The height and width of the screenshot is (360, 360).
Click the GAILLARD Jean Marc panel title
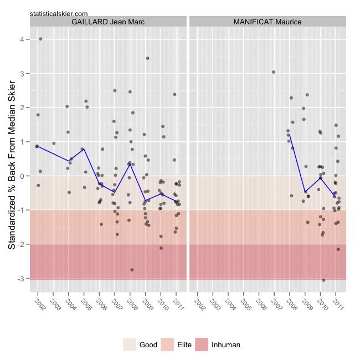point(109,22)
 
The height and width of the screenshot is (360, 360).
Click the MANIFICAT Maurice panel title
point(268,22)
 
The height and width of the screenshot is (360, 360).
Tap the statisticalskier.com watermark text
point(58,12)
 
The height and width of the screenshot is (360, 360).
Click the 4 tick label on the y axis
point(20,40)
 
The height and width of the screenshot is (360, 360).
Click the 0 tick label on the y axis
point(20,176)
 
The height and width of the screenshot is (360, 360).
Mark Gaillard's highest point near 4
point(41,39)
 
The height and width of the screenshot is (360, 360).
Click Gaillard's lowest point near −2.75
point(132,270)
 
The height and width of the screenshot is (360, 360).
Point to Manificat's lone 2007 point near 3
point(274,72)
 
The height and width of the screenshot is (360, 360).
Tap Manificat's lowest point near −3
point(323,280)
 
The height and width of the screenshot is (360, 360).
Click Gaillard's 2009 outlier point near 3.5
point(147,58)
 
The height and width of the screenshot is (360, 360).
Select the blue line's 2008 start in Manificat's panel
point(289,135)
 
